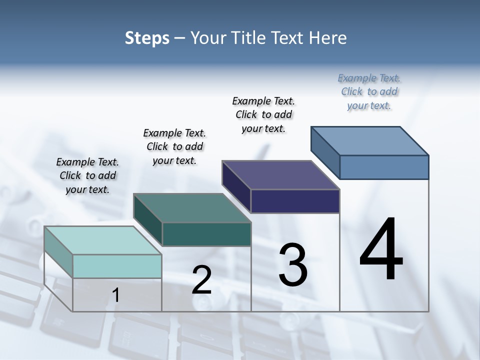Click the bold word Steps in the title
(147, 38)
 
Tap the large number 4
(381, 250)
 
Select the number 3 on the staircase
(293, 265)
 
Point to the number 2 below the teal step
(202, 280)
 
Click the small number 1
(116, 295)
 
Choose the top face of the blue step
(370, 140)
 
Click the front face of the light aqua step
(117, 266)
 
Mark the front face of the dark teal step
(206, 234)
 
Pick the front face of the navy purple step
(295, 201)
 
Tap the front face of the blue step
(384, 167)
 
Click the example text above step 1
(87, 175)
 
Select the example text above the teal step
(174, 146)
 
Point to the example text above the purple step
(263, 114)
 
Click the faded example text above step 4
(369, 91)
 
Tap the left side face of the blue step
(325, 152)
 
